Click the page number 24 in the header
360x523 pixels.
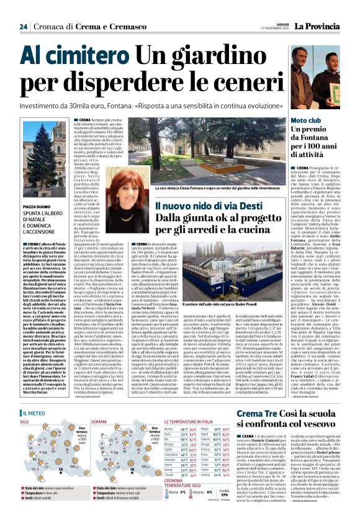(23, 26)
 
